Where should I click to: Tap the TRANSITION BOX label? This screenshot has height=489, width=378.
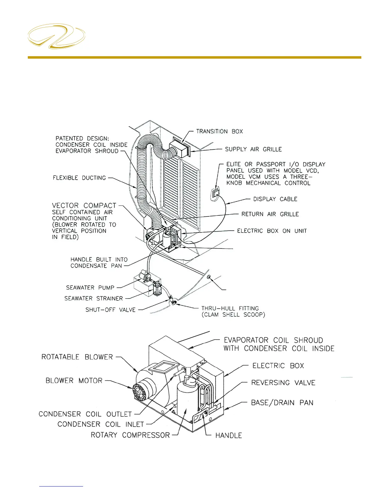click(219, 132)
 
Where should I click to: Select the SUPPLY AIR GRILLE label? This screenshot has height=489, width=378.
click(253, 149)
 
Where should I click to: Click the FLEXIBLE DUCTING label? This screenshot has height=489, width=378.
click(79, 178)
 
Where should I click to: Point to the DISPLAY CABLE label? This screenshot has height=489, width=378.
click(275, 199)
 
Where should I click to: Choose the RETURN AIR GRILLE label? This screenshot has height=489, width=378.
click(270, 214)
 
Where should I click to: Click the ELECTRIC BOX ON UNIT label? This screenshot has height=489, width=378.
click(272, 231)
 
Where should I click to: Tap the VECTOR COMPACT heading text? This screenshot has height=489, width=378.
click(84, 206)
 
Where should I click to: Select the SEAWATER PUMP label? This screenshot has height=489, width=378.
click(90, 288)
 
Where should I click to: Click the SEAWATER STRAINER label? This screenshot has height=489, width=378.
click(94, 299)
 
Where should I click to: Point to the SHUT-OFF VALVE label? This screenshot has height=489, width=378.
click(110, 310)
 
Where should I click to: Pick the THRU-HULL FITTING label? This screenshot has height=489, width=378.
click(230, 308)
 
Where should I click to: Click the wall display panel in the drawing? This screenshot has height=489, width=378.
click(215, 195)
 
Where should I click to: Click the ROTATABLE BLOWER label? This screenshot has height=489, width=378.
click(77, 357)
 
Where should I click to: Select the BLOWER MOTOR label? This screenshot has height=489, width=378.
click(74, 381)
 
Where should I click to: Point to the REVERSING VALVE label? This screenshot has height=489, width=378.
click(283, 383)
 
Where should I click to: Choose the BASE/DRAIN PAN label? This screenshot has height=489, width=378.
click(282, 403)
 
